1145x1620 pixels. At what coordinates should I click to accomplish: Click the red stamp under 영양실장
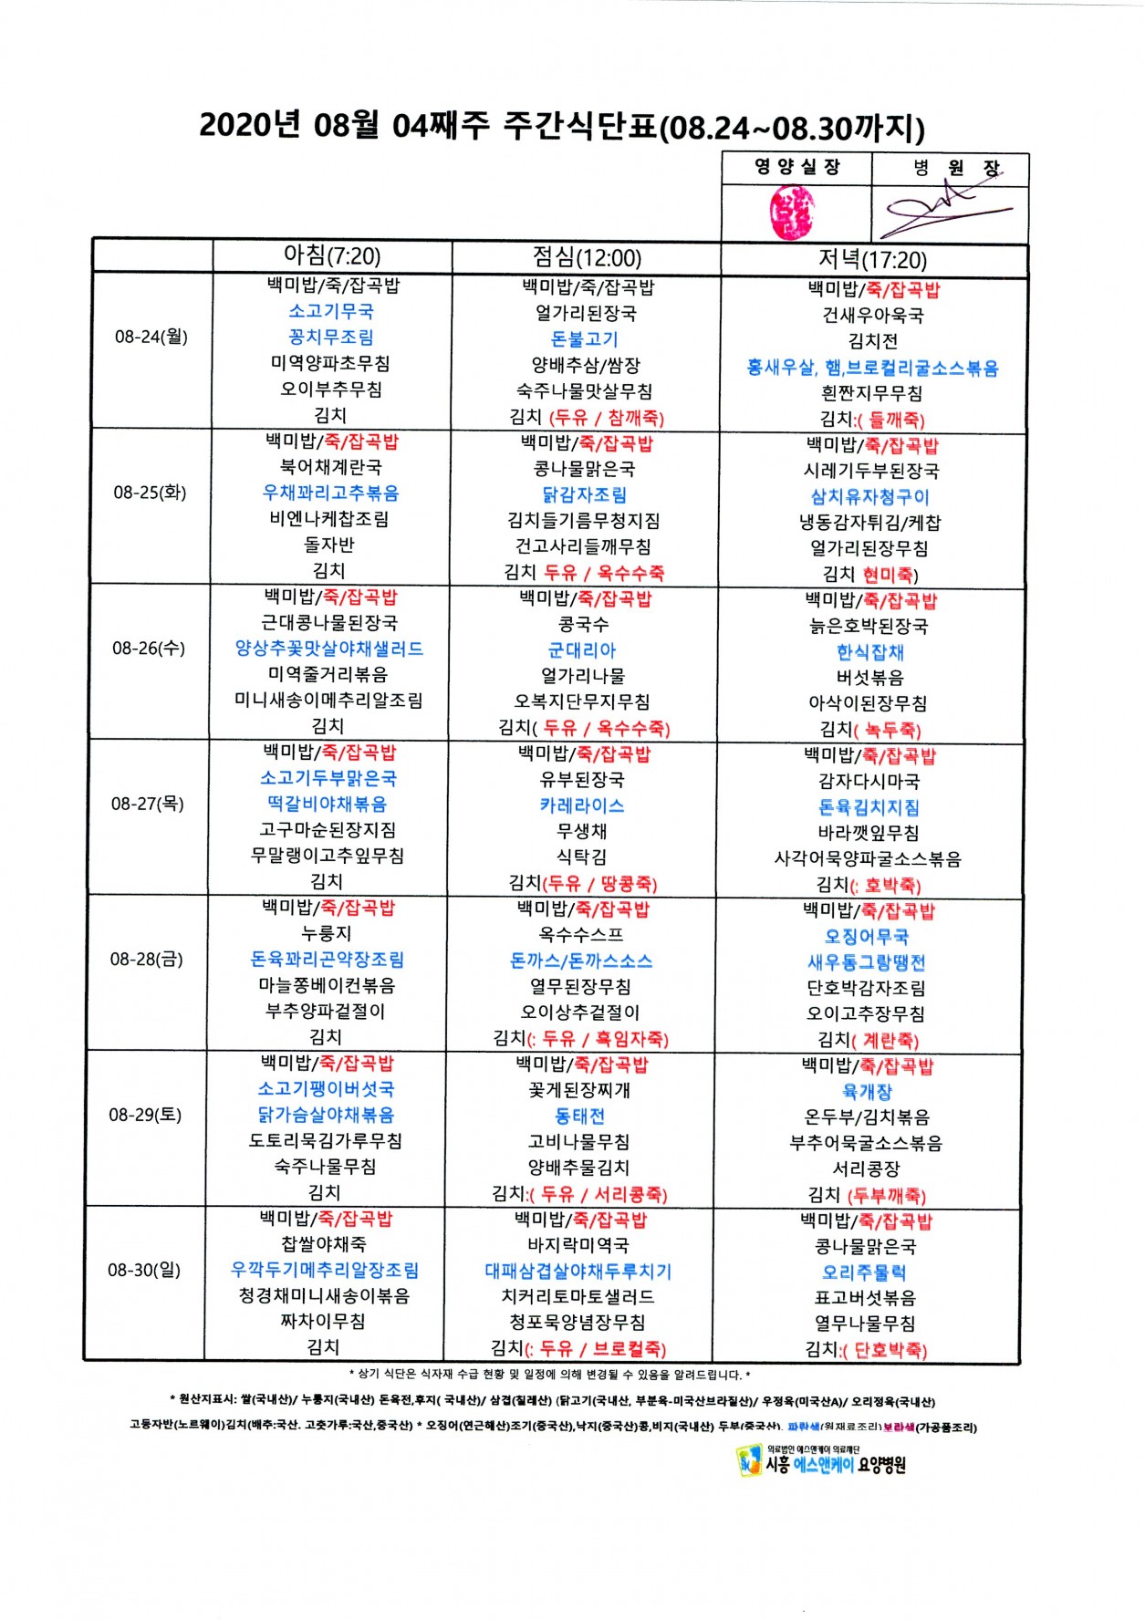[791, 213]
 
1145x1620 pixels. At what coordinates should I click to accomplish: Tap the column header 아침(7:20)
[332, 256]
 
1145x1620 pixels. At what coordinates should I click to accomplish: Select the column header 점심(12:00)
[587, 258]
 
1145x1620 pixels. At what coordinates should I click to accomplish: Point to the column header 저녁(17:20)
[872, 260]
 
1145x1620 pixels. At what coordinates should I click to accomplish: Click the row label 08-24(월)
[151, 337]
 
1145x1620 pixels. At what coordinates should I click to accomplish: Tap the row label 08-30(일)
[144, 1270]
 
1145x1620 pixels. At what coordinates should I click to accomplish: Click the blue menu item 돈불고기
[585, 339]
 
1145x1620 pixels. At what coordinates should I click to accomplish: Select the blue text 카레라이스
[582, 805]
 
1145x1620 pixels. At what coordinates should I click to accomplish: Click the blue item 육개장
[868, 1091]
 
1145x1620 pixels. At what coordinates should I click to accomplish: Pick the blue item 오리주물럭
[865, 1272]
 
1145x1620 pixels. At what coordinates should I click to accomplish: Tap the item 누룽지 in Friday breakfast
[327, 933]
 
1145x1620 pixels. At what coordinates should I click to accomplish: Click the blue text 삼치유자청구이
[870, 497]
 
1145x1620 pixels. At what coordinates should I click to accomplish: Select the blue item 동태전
[580, 1116]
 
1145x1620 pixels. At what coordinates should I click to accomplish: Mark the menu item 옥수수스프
[581, 935]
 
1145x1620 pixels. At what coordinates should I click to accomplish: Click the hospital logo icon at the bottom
[749, 1460]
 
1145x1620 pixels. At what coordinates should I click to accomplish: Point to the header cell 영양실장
[796, 167]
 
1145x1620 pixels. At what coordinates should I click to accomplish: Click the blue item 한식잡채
[870, 652]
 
